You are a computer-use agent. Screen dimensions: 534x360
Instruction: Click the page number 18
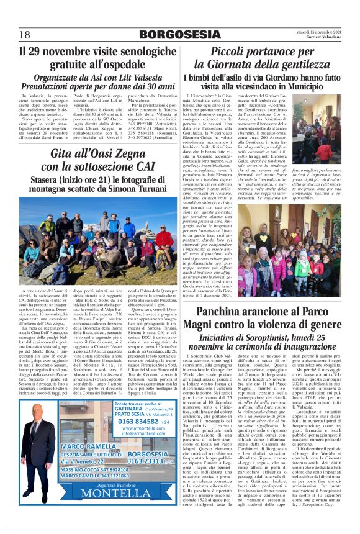click(24, 34)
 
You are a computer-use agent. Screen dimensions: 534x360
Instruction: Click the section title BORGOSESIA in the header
click(179, 34)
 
